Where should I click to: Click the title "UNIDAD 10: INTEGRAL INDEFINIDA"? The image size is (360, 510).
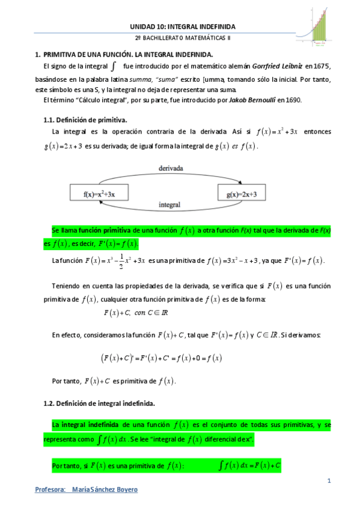tap(183, 26)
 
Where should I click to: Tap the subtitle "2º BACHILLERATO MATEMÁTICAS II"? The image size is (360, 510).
tap(183, 38)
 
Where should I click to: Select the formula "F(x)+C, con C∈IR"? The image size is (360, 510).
tap(136, 313)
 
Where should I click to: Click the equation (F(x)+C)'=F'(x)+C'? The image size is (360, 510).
tap(161, 358)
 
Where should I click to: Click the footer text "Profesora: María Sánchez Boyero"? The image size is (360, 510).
tap(87, 490)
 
